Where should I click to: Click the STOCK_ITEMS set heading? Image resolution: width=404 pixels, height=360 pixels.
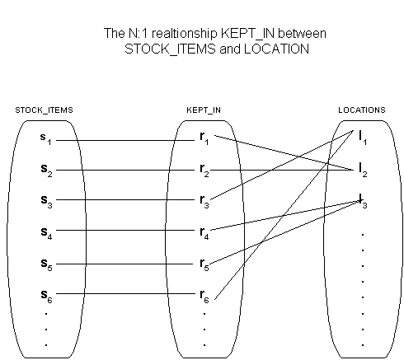pyautogui.click(x=44, y=110)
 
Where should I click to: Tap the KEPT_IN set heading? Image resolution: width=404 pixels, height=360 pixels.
pyautogui.click(x=204, y=110)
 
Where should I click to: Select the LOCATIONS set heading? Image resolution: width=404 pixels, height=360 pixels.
pyautogui.click(x=362, y=110)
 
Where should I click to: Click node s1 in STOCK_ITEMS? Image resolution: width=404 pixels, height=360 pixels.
pyautogui.click(x=45, y=139)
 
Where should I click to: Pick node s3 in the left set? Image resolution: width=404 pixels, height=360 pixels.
pyautogui.click(x=46, y=201)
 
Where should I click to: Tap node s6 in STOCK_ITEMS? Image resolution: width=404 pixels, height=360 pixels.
pyautogui.click(x=46, y=296)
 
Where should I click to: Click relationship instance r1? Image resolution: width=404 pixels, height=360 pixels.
pyautogui.click(x=204, y=138)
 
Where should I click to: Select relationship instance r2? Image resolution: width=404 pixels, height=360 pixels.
pyautogui.click(x=204, y=171)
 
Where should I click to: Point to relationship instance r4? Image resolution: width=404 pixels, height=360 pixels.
pyautogui.click(x=204, y=233)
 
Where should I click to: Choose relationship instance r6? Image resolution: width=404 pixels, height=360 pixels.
pyautogui.click(x=204, y=296)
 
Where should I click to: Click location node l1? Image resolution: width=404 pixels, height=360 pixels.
pyautogui.click(x=363, y=138)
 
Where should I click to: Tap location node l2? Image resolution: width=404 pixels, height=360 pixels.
pyautogui.click(x=363, y=170)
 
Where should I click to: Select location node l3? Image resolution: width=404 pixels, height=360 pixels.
pyautogui.click(x=363, y=201)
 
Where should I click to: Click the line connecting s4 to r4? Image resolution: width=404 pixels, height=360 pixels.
pyautogui.click(x=125, y=230)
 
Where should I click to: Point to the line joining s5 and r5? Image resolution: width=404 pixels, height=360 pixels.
pyautogui.click(x=124, y=264)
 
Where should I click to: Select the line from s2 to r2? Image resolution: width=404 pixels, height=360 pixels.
pyautogui.click(x=125, y=171)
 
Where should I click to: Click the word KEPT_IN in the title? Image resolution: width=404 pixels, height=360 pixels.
pyautogui.click(x=247, y=34)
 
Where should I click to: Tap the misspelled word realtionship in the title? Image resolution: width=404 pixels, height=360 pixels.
pyautogui.click(x=184, y=34)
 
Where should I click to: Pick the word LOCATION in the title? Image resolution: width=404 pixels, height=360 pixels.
pyautogui.click(x=276, y=49)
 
